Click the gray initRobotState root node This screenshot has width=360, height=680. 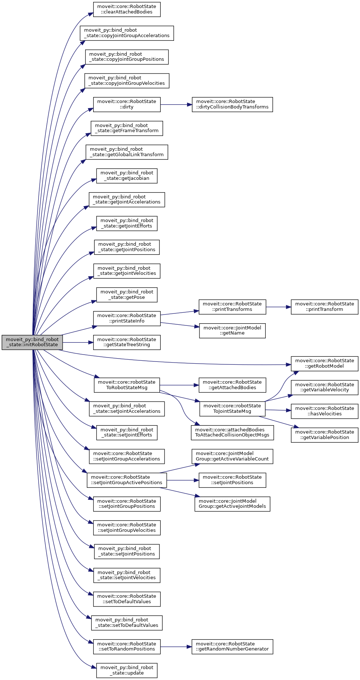[32, 342]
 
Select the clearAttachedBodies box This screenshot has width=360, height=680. [127, 9]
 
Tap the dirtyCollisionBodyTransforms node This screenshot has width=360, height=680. [232, 104]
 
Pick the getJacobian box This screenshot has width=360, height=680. [127, 176]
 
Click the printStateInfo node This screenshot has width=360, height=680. [127, 319]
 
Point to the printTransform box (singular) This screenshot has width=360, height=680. [324, 307]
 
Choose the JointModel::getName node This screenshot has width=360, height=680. [232, 331]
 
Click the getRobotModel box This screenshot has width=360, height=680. [324, 364]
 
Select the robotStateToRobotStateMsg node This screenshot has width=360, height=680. [127, 385]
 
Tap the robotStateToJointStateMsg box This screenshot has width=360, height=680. [232, 409]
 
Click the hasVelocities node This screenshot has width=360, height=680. [324, 411]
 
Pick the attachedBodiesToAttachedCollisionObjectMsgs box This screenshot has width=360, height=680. [232, 432]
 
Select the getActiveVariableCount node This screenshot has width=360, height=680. [232, 456]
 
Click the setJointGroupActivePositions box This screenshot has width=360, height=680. [127, 480]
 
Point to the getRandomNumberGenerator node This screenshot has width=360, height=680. [232, 647]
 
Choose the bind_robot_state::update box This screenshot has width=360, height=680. [127, 671]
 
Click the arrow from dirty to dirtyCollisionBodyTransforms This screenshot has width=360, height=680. [176, 104]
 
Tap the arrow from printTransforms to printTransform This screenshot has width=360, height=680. [278, 307]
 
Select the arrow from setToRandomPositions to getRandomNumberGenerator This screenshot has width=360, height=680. [176, 647]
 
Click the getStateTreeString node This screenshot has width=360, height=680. [127, 342]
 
